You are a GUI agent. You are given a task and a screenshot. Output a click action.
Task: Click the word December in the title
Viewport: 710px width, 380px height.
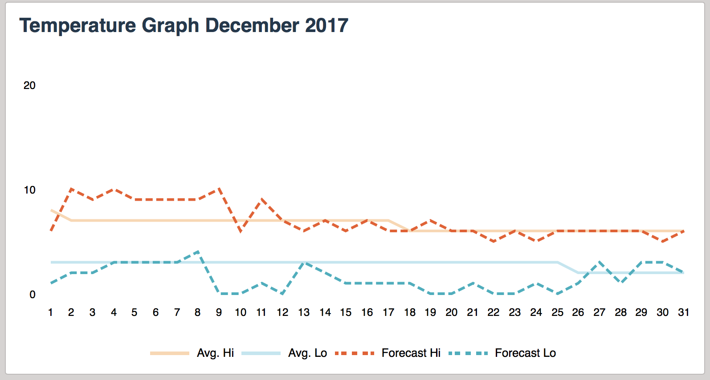click(252, 25)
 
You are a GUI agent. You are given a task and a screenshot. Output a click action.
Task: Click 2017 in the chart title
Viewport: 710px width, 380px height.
click(326, 25)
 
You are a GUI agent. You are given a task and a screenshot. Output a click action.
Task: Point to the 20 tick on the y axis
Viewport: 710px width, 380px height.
click(29, 85)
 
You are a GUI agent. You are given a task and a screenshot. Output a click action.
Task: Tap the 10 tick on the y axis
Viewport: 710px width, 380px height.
click(29, 190)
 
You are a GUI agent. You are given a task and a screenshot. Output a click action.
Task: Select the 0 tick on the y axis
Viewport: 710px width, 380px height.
click(32, 295)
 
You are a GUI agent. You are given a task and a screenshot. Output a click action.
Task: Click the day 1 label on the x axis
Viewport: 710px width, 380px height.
click(50, 312)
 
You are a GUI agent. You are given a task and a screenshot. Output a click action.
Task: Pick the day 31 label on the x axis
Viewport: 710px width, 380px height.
click(683, 312)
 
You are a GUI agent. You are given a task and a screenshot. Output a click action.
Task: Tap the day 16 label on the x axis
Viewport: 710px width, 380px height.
click(367, 312)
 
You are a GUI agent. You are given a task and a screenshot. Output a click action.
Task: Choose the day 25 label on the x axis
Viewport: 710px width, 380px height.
click(557, 312)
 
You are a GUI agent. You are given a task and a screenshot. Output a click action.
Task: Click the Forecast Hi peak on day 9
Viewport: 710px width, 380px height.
click(219, 189)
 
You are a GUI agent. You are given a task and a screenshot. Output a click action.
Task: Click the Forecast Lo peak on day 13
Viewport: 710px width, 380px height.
click(304, 263)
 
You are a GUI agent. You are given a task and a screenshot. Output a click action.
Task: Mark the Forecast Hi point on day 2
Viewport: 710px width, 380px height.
click(71, 189)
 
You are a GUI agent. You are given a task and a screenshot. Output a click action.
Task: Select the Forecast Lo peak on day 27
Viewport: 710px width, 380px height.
click(600, 263)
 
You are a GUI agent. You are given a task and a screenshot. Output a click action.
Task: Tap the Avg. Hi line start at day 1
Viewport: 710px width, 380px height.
click(51, 210)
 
